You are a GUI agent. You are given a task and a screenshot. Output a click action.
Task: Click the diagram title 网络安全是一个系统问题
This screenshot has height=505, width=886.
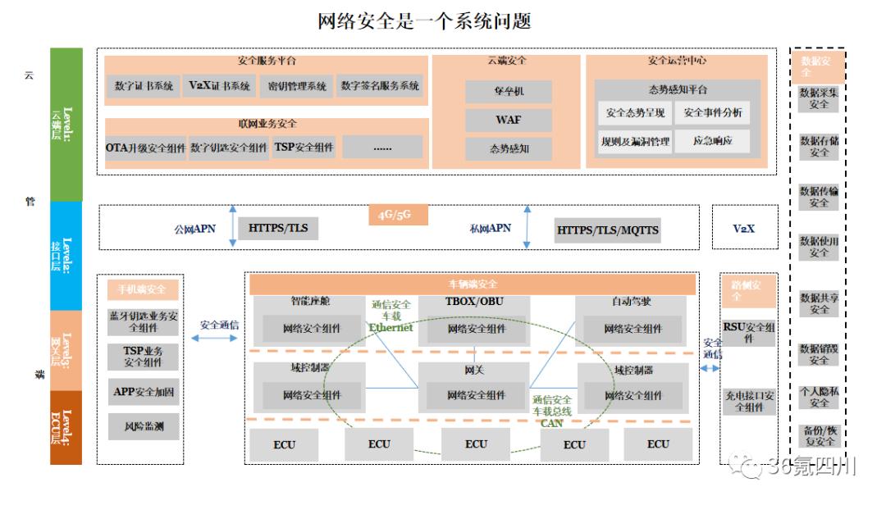point(424,20)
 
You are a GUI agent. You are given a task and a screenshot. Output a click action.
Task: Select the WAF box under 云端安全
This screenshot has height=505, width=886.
point(508,120)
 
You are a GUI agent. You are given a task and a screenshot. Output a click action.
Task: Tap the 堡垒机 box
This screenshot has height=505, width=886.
point(508,91)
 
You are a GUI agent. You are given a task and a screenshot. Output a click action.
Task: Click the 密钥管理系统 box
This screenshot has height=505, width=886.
point(297,86)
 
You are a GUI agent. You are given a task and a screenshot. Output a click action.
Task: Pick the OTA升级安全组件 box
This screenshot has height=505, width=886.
point(146,148)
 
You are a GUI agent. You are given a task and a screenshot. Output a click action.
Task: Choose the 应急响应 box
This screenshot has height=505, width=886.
point(712,141)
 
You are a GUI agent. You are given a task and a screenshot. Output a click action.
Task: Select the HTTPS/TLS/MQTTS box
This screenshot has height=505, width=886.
point(607,230)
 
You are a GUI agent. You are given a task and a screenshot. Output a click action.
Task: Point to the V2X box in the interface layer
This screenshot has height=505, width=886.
point(743,229)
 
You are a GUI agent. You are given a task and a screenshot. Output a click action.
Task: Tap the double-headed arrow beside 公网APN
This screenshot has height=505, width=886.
point(232,226)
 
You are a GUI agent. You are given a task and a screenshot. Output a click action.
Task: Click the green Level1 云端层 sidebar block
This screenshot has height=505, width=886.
point(66,125)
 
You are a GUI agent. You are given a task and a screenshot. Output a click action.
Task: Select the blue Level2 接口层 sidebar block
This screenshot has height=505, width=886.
point(66,256)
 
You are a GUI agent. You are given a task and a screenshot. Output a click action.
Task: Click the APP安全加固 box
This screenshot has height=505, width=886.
point(144,392)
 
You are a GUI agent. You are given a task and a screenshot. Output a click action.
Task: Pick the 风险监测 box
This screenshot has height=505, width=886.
point(144,426)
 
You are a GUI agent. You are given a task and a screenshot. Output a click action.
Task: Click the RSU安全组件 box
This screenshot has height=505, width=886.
point(747,332)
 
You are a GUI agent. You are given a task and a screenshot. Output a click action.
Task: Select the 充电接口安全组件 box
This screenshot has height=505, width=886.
point(747,401)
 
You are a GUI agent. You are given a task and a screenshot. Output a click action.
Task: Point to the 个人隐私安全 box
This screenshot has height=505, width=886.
point(819,397)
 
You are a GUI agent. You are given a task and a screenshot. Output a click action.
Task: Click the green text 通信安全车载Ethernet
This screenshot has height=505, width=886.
point(391,316)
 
